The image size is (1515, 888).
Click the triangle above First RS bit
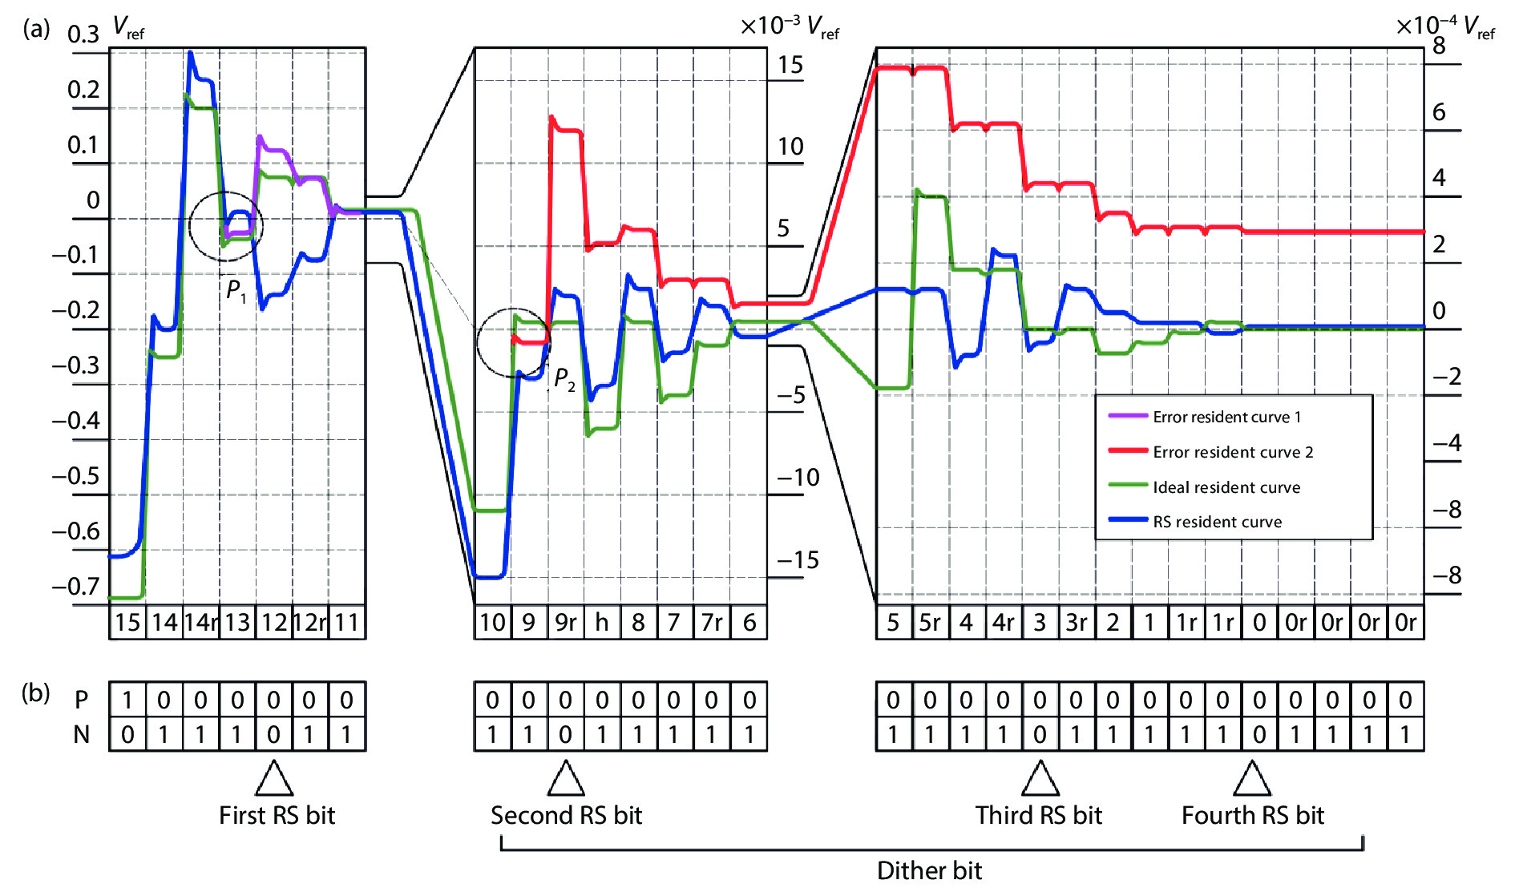273,779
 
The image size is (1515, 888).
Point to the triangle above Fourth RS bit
1251,779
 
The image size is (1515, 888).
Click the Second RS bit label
566,815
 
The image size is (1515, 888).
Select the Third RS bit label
1039,815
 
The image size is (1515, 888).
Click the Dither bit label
929,870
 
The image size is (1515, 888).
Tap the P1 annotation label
236,290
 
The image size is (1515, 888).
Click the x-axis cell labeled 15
127,623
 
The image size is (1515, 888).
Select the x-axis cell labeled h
601,623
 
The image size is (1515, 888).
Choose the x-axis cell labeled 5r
930,623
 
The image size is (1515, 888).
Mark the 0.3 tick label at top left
83,34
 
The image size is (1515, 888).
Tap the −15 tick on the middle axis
798,559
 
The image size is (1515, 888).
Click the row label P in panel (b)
81,700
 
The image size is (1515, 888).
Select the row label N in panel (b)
81,734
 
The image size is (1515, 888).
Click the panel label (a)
36,30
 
